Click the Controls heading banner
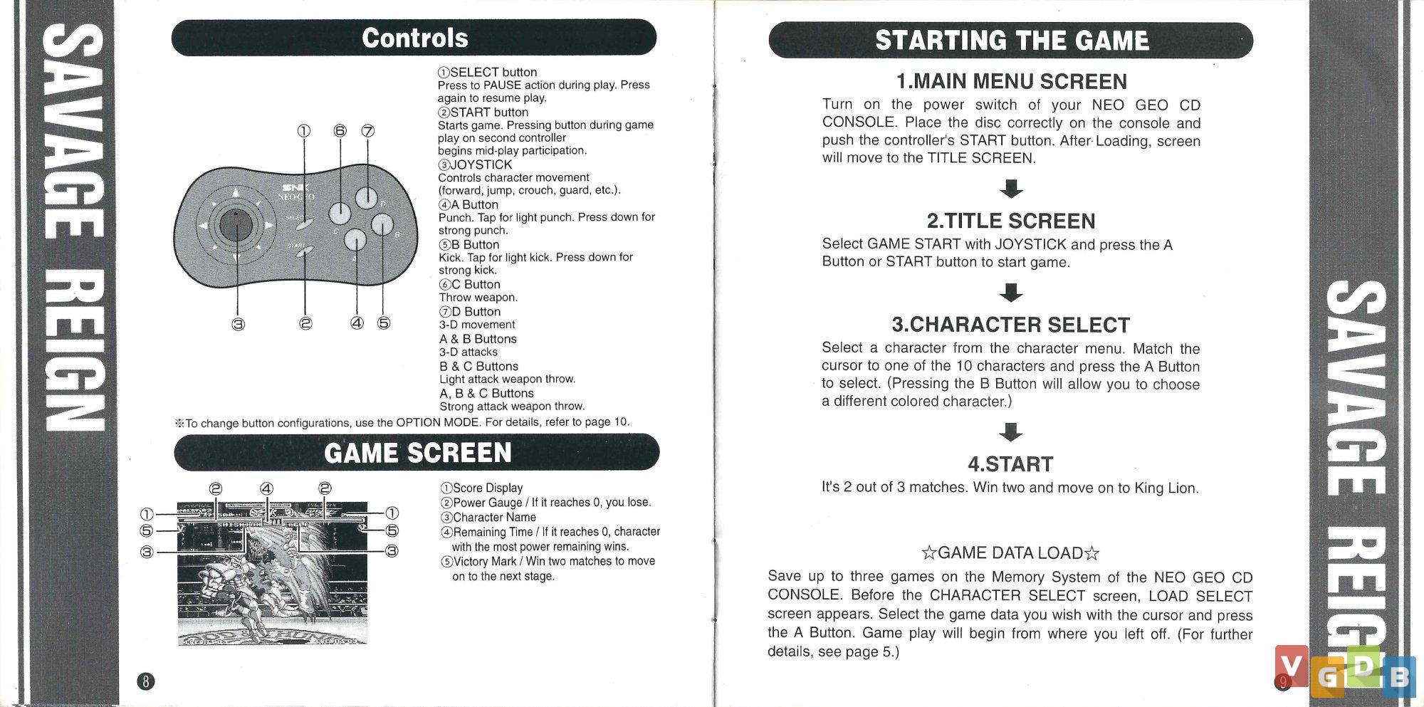point(414,38)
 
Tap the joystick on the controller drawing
point(235,225)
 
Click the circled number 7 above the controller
point(367,131)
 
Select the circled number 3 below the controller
point(238,325)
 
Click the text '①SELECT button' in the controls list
point(488,72)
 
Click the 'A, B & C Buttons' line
point(486,393)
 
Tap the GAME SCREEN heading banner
point(417,453)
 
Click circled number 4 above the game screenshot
point(266,488)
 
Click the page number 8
point(145,681)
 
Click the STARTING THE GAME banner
point(1011,41)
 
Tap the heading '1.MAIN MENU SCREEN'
point(1011,81)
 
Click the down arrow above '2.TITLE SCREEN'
point(1011,189)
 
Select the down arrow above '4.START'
point(1011,431)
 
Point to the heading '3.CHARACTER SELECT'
point(1011,325)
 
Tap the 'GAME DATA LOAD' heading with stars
point(1010,553)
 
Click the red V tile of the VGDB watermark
point(1292,665)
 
